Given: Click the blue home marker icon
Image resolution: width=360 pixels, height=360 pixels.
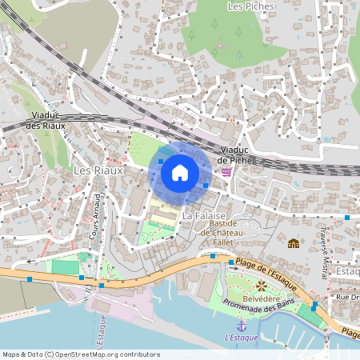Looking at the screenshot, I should click(x=180, y=172).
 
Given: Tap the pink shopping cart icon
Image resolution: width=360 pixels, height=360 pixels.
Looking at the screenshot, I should click(x=227, y=171).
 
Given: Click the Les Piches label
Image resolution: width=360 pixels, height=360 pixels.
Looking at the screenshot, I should click(x=250, y=6).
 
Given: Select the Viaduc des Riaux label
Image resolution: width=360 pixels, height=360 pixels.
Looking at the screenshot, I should click(x=45, y=121).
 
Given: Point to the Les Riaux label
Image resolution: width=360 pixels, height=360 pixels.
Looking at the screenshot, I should click(x=98, y=170).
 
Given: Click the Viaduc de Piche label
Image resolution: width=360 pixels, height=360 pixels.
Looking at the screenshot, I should click(x=235, y=154).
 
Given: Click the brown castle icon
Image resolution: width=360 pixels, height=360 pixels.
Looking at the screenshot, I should click(x=294, y=243).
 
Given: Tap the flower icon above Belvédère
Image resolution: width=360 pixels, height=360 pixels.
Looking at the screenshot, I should click(x=261, y=286).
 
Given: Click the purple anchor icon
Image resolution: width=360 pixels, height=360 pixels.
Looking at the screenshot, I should click(x=241, y=326).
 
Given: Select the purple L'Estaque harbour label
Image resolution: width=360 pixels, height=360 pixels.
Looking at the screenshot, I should click(x=240, y=338).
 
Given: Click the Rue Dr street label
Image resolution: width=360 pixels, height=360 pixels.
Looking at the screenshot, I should click(x=347, y=298).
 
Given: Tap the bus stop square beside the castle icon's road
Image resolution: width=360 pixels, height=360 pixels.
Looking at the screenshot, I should click(x=347, y=217).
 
